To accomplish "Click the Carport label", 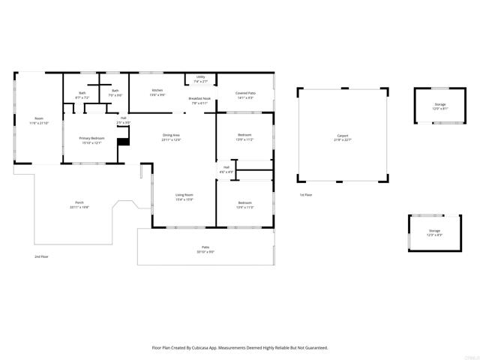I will [x=342, y=137].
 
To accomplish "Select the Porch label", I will [x=79, y=205].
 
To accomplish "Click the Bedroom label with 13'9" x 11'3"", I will [x=244, y=204].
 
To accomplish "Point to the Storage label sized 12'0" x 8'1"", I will [x=439, y=106].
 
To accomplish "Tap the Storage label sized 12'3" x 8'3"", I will [x=434, y=232].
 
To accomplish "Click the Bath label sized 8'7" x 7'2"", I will [x=82, y=95].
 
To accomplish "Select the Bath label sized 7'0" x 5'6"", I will [x=115, y=93].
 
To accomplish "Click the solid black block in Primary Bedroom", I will [x=123, y=135].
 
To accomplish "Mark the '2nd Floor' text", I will [x=42, y=256].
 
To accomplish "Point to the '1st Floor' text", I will [x=305, y=194].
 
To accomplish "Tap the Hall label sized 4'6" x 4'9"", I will [x=226, y=169].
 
